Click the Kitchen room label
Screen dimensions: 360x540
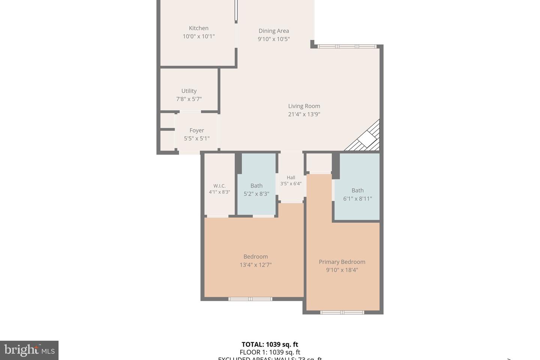[198, 28]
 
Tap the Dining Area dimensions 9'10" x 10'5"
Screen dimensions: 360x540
[273, 39]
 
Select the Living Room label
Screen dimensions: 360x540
[304, 106]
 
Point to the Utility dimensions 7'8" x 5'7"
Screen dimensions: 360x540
[189, 99]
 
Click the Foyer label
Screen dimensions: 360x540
[196, 130]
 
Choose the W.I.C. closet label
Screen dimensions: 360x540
[219, 186]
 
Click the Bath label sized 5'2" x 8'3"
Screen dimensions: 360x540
[256, 186]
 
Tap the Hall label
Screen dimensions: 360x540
[291, 178]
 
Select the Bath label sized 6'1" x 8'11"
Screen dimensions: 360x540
[357, 190]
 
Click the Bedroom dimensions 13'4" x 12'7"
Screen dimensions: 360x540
[255, 265]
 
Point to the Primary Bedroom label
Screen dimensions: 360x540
[342, 262]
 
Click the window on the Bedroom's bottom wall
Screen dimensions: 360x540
[250, 299]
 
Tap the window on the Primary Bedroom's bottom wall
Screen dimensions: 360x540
[342, 312]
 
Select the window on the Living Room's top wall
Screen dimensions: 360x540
[347, 46]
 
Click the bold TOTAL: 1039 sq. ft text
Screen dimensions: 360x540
[270, 344]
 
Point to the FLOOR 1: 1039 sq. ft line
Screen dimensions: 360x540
[270, 352]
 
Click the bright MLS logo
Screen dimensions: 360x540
[29, 350]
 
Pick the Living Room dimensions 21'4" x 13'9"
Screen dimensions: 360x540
[304, 114]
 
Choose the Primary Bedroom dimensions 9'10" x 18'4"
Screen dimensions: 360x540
[342, 270]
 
